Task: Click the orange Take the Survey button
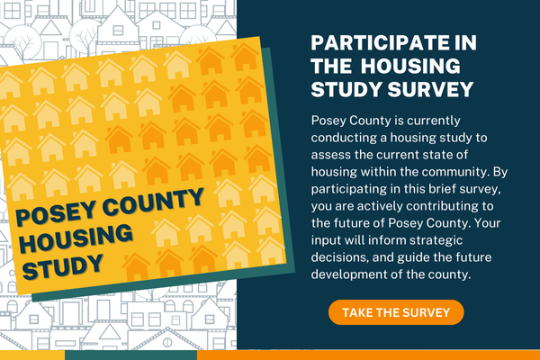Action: point(396,312)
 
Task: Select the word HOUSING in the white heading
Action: point(410,66)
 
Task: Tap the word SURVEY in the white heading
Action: point(430,89)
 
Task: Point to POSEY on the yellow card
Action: point(56,212)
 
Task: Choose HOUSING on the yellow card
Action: point(76,238)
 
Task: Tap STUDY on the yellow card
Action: point(63,266)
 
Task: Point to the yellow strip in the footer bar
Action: point(32,355)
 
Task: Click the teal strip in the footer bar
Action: point(130,355)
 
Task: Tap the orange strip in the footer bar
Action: point(368,355)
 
